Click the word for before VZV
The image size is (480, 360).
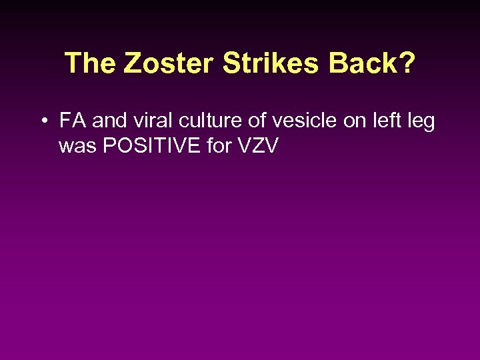coord(219,146)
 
